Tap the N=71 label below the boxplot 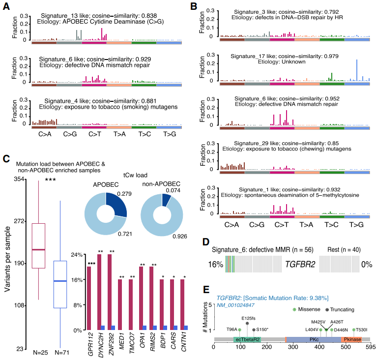(59, 353)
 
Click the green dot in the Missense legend (294, 309)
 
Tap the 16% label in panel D (215, 264)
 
